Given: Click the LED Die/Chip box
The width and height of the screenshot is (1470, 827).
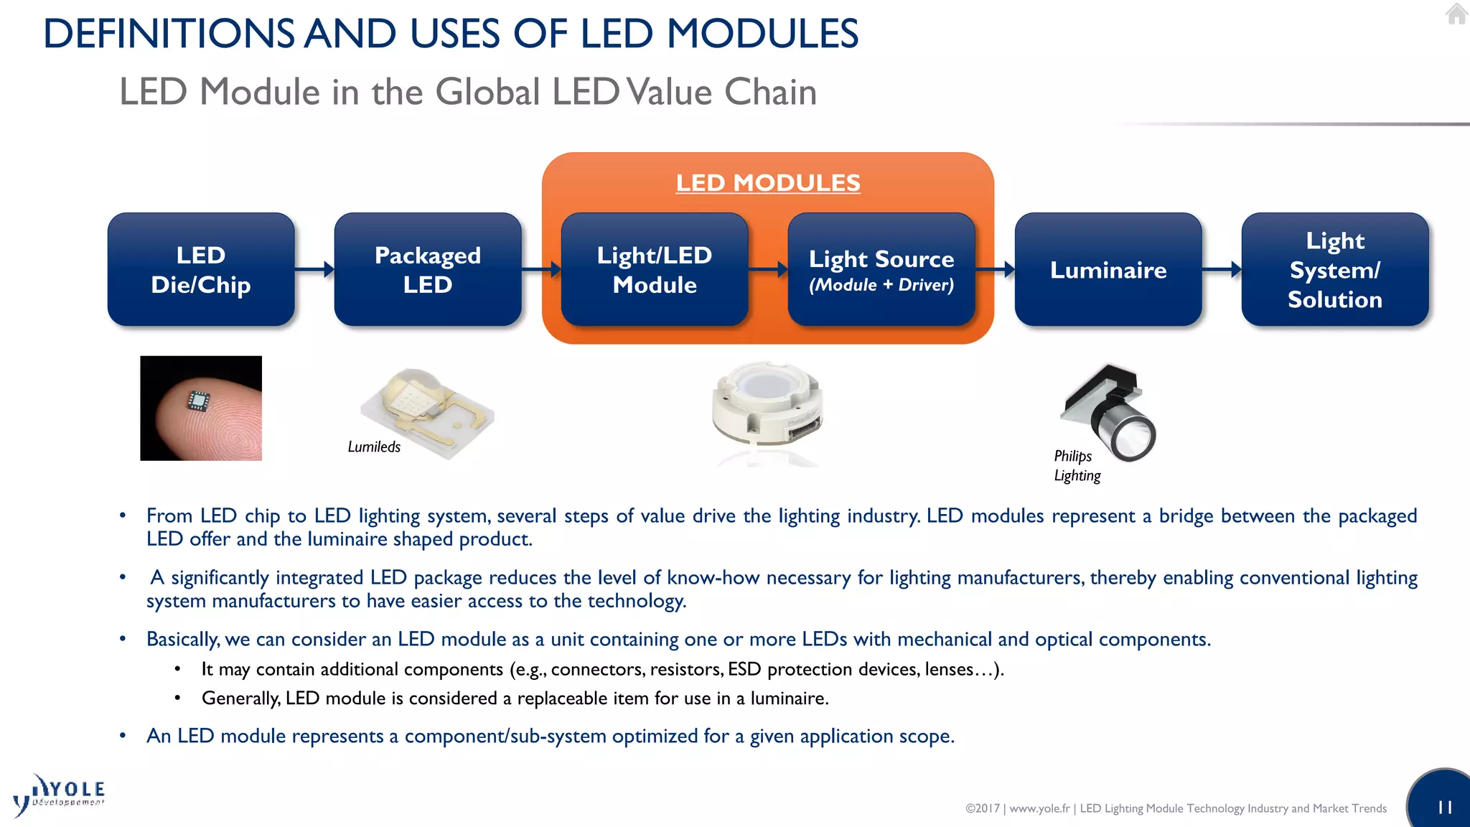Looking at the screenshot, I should (x=201, y=270).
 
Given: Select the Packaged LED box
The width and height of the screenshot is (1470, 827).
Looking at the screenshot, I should (x=428, y=270).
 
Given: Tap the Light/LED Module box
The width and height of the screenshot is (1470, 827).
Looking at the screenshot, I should (x=654, y=270).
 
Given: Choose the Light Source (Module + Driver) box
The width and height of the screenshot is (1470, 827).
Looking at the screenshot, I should (x=881, y=270).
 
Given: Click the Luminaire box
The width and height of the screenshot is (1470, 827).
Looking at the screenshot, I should (x=1108, y=270).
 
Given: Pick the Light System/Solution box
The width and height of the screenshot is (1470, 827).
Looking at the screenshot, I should (x=1334, y=270).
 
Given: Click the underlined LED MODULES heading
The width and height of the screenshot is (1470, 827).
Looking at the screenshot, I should (x=767, y=183).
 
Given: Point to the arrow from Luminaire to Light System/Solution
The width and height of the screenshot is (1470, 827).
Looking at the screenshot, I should (x=1222, y=270).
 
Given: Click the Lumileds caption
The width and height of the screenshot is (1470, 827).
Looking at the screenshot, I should (x=374, y=447).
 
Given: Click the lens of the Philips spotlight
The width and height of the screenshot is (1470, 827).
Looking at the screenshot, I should (x=1132, y=436).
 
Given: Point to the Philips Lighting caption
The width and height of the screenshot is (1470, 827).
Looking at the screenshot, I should (x=1076, y=466).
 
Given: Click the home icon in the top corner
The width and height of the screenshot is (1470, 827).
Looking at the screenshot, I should (x=1456, y=14).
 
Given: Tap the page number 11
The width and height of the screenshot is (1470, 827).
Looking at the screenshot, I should (x=1445, y=808).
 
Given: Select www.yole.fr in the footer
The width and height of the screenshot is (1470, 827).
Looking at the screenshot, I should (x=1039, y=808).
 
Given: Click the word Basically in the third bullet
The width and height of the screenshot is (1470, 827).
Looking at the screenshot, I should (x=182, y=640).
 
